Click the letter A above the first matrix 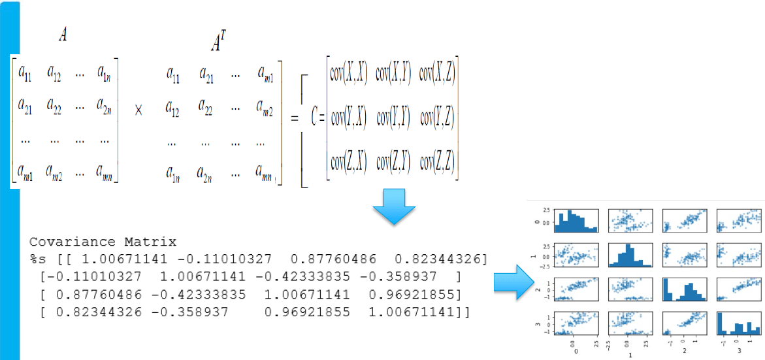[x=63, y=36]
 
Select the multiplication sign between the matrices [x=138, y=110]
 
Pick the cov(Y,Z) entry [x=436, y=118]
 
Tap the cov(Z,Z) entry [x=436, y=161]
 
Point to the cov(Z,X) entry [x=349, y=161]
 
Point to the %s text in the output [x=37, y=259]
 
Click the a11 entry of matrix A [x=26, y=73]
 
